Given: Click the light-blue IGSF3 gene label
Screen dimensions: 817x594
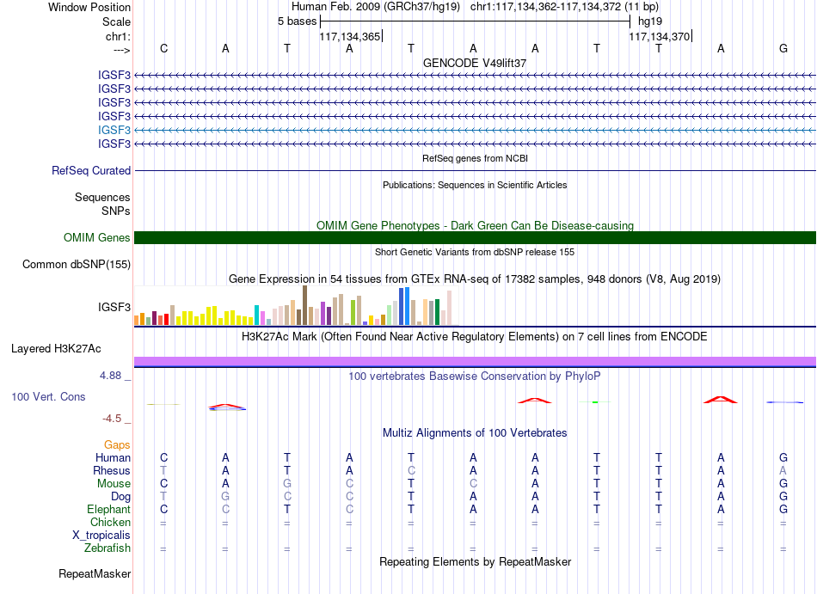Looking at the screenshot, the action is [114, 130].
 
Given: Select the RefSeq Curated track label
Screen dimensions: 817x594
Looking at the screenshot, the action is [91, 171].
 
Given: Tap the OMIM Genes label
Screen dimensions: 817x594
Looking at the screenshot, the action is [97, 238].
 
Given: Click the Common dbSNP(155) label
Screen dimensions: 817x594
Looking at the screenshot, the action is [77, 265].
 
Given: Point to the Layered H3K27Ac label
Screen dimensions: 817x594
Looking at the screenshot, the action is [56, 349].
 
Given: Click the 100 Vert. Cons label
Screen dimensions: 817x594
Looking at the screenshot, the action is [48, 396].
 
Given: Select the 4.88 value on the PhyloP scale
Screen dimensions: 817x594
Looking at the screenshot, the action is [110, 376].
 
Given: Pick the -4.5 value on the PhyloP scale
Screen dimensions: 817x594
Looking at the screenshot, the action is [112, 419].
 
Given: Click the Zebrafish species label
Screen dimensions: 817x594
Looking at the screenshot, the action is [107, 548].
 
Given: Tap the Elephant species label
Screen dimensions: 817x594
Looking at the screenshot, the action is [109, 509].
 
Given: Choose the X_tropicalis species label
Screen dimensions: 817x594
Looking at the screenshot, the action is [101, 536].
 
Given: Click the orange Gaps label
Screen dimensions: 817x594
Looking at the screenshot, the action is [117, 444].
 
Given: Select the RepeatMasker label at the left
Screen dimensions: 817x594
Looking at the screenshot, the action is [95, 573].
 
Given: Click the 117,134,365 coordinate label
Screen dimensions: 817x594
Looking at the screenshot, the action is [350, 36].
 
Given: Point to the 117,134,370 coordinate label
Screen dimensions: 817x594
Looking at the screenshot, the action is [659, 36].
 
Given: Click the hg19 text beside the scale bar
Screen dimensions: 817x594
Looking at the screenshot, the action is [650, 21].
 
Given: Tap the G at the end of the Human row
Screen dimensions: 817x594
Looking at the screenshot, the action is [783, 457].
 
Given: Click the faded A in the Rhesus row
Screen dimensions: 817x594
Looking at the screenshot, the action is [783, 470].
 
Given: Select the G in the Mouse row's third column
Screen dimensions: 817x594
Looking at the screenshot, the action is [287, 484].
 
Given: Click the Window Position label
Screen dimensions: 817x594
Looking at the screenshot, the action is [89, 7].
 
